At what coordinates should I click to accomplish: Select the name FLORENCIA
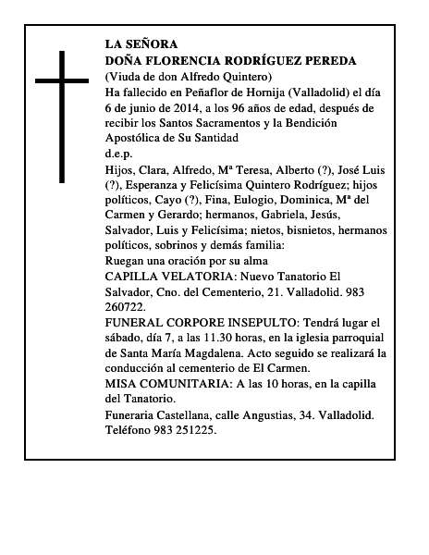tap(184, 60)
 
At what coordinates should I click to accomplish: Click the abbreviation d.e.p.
tap(119, 154)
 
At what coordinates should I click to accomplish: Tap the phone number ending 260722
tap(125, 307)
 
